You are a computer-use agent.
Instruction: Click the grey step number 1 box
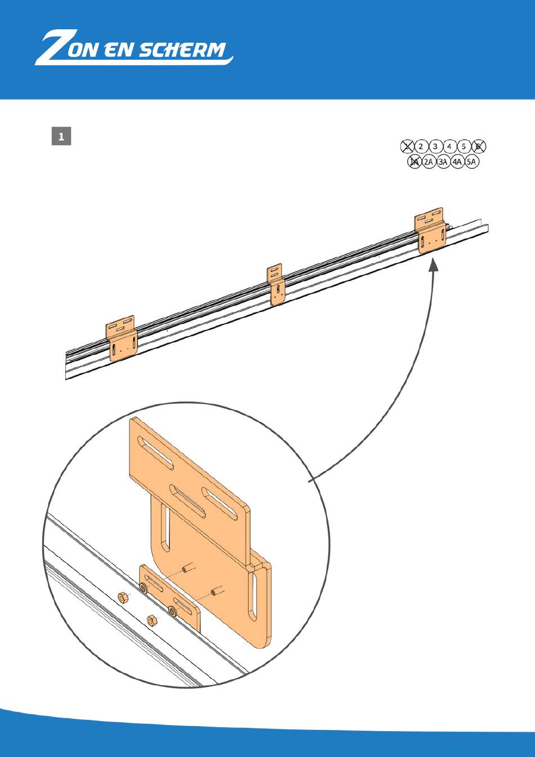click(x=61, y=136)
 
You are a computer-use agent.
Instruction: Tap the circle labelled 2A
click(x=428, y=162)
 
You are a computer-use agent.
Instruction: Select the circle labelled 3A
click(x=443, y=162)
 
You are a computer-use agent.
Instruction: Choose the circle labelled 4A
click(x=457, y=162)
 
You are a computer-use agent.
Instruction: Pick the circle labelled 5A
click(x=471, y=162)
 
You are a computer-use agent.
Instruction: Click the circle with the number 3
click(x=435, y=146)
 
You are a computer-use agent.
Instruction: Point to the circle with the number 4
click(x=449, y=146)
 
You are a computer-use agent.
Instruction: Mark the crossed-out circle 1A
click(x=414, y=162)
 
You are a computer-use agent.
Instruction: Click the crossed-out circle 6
click(x=478, y=146)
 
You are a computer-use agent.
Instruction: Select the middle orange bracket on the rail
click(x=277, y=284)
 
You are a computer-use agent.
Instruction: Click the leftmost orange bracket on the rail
click(x=122, y=338)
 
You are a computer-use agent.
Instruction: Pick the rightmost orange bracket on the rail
click(x=430, y=230)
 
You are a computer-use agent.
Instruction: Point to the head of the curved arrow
click(x=434, y=265)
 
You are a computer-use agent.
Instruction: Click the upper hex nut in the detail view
click(x=123, y=598)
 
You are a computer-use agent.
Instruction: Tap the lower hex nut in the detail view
click(x=151, y=620)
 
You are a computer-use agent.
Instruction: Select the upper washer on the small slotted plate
click(x=144, y=588)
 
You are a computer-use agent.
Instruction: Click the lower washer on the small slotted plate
click(x=173, y=610)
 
